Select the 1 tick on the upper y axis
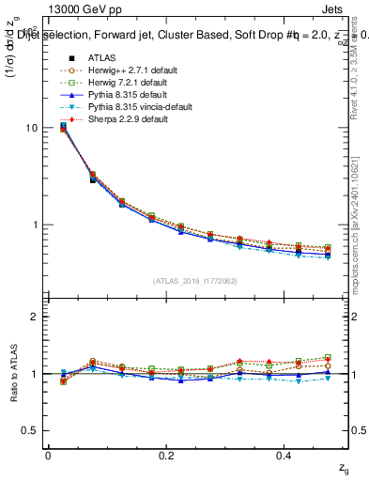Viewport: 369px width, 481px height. (x=35, y=225)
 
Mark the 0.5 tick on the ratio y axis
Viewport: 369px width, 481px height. (x=30, y=431)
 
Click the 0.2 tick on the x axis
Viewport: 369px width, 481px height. (x=167, y=455)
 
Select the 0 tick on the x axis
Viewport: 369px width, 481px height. (x=48, y=455)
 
